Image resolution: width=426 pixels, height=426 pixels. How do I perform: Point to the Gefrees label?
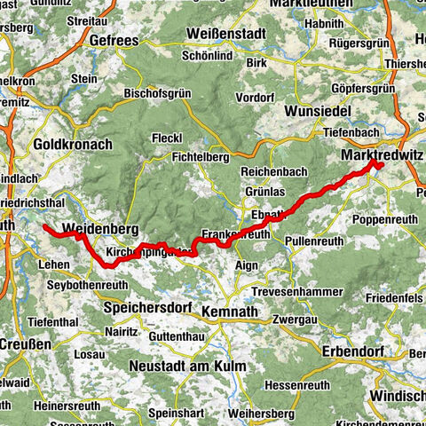[116, 40]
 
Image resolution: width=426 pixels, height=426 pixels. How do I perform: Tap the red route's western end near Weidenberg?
[43, 227]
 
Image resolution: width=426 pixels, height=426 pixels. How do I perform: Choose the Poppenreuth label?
[383, 218]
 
